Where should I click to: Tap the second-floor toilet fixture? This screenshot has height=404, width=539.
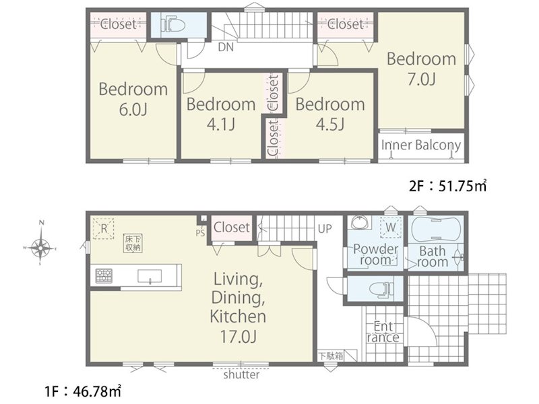coord(173,25)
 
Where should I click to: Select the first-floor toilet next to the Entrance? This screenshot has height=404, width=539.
coord(382,289)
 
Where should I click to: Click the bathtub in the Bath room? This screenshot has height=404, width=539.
coord(435,228)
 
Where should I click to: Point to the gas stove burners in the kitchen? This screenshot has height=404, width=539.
coord(104,275)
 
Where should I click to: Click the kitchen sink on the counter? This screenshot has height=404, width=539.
coord(150,276)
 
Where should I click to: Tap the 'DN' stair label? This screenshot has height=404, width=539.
coord(226,47)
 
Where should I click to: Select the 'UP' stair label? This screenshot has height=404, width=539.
coord(325,228)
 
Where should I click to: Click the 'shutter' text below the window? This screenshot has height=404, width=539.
coord(241,374)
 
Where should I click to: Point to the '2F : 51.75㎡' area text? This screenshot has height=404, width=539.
coord(448,186)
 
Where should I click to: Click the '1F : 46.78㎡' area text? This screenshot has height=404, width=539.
coord(83,391)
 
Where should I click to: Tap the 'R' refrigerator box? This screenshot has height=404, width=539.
coord(104,228)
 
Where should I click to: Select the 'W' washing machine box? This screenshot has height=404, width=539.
coord(391,227)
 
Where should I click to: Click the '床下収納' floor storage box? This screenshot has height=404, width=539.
coord(133,243)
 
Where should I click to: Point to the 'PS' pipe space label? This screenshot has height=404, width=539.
coord(200,233)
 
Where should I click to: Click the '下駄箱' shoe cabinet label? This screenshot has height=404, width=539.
coord(330,356)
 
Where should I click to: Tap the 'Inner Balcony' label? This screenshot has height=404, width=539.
coord(420,145)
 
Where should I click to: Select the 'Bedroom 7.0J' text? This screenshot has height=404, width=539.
coord(422,69)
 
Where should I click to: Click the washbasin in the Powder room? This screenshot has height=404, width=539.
coord(360,222)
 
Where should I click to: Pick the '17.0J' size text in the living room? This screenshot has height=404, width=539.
coord(238,336)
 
